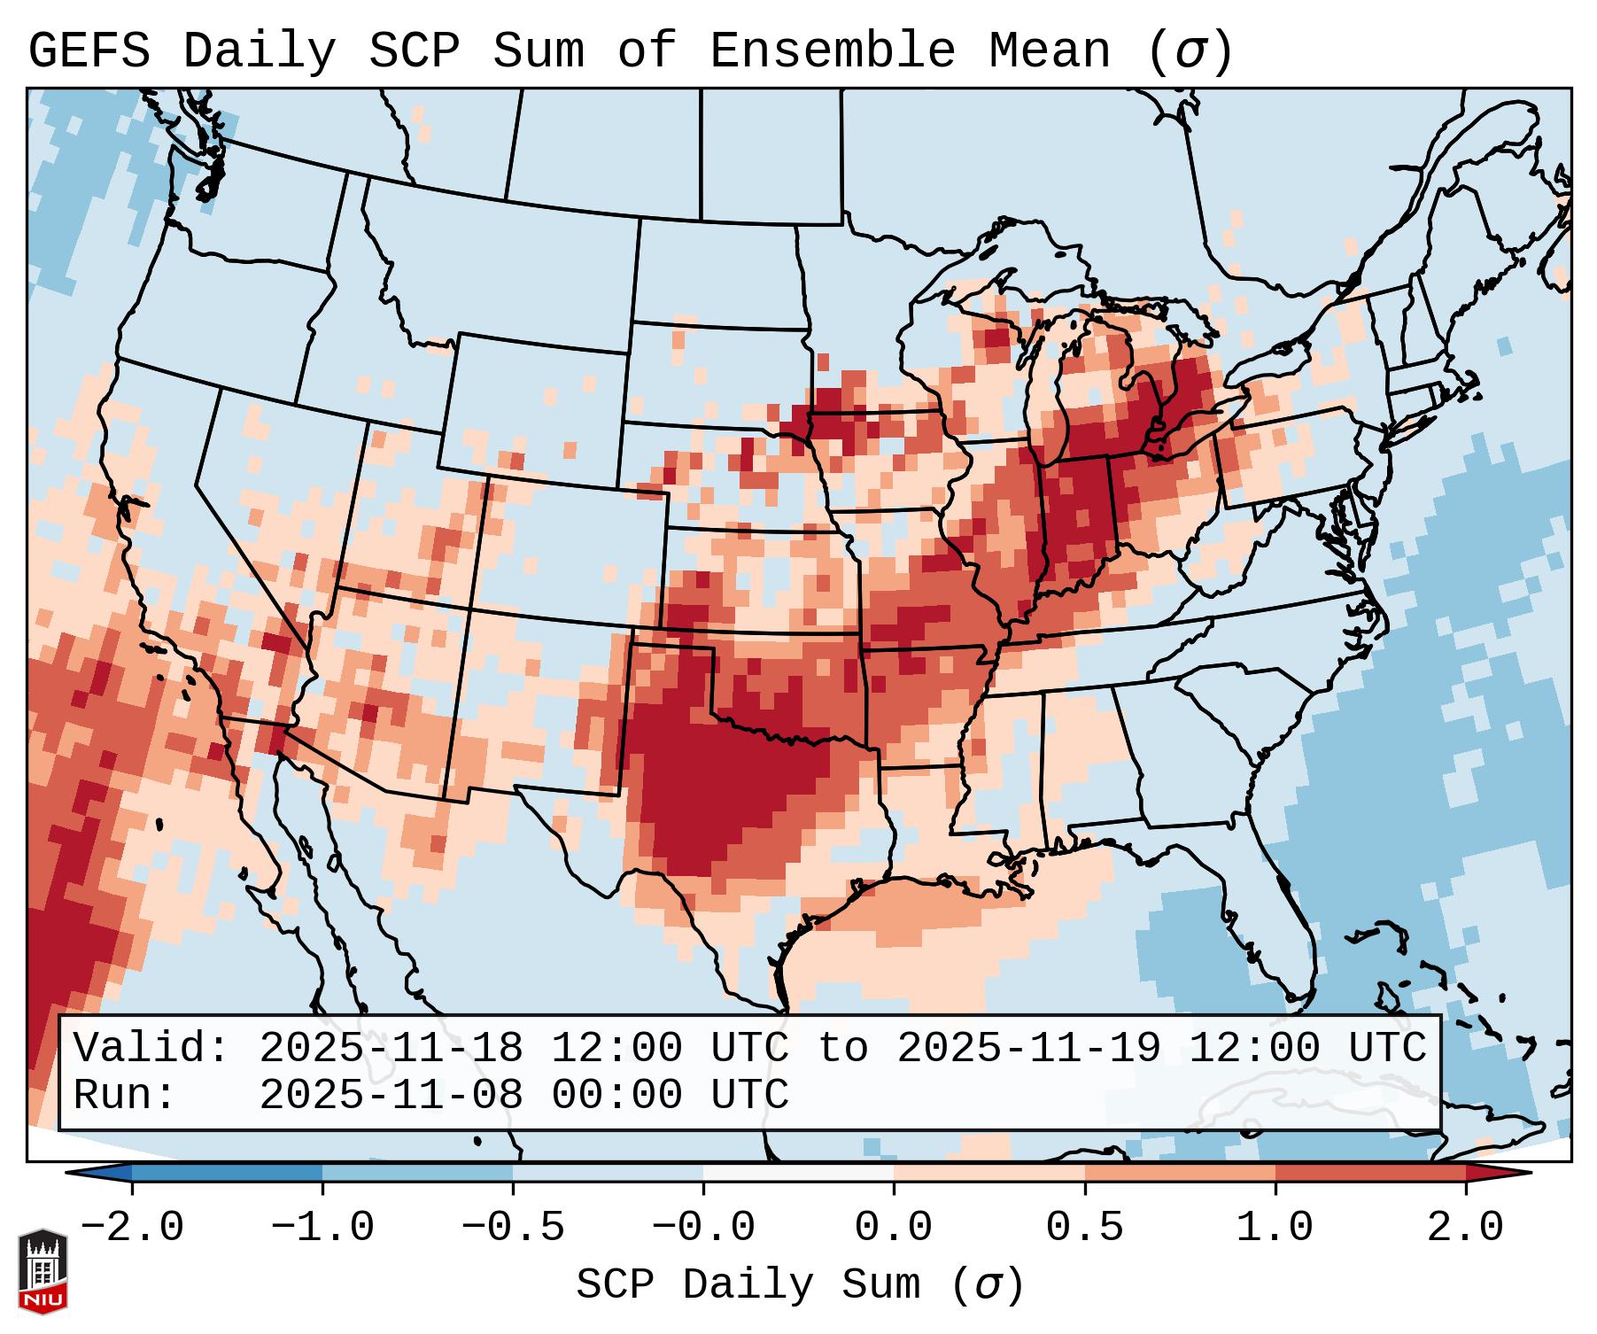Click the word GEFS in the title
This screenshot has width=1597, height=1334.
(89, 51)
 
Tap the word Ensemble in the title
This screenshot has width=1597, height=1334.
(832, 51)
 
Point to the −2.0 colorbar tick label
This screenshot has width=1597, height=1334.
(132, 1228)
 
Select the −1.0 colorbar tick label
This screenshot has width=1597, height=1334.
(322, 1228)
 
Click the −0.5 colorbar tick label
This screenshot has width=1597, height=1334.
(513, 1228)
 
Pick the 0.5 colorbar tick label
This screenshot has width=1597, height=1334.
(1084, 1228)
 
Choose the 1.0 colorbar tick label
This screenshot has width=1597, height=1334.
(1275, 1228)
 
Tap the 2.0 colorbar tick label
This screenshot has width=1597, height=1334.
(1465, 1228)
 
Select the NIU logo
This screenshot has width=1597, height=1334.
(43, 1271)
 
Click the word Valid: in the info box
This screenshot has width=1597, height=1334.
(151, 1049)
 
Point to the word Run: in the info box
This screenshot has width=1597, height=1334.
(125, 1096)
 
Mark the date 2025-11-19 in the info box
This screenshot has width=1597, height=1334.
(1028, 1049)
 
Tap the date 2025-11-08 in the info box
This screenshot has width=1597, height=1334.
(391, 1096)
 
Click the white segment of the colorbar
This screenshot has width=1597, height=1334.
(798, 1173)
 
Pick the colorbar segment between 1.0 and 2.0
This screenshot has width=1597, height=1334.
(1370, 1173)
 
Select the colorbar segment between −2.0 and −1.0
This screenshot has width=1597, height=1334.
(227, 1173)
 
